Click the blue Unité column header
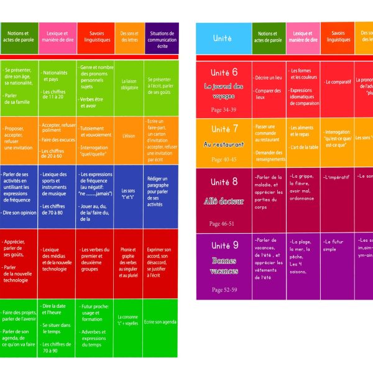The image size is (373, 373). pyautogui.click(x=223, y=39)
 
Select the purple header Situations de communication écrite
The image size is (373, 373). pyautogui.click(x=161, y=39)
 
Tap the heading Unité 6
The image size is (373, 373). pyautogui.click(x=224, y=72)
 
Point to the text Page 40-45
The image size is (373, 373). pyautogui.click(x=224, y=160)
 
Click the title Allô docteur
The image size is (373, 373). pyautogui.click(x=224, y=201)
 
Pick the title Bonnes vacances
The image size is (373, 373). pyautogui.click(x=224, y=265)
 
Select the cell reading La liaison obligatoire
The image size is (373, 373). pyautogui.click(x=129, y=84)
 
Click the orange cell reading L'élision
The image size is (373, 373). pyautogui.click(x=129, y=136)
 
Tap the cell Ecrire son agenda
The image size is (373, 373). pyautogui.click(x=160, y=322)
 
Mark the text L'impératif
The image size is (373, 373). pyautogui.click(x=338, y=178)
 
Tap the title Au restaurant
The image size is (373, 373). pyautogui.click(x=224, y=144)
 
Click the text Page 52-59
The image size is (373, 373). pyautogui.click(x=224, y=290)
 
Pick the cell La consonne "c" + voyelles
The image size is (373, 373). pyautogui.click(x=129, y=320)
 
